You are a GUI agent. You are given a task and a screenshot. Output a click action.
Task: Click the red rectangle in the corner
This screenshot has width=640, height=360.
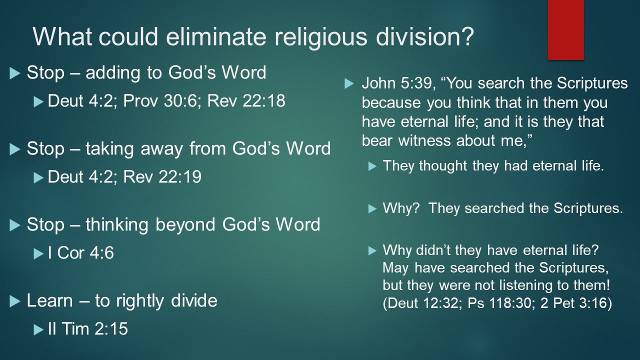point(565,29)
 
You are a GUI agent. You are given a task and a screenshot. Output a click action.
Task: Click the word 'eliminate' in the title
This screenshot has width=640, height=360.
point(216,36)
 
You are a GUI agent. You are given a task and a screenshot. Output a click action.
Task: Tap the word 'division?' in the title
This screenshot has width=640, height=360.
point(424,36)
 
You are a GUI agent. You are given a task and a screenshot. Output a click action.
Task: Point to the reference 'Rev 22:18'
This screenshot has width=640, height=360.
point(246,101)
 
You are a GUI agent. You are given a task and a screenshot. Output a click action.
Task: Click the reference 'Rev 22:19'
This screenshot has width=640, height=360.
point(162,176)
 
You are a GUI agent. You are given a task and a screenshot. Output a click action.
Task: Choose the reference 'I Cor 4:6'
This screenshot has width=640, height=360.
point(81,252)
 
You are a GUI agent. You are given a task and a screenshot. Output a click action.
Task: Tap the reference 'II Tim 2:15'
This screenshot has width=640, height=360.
point(88,328)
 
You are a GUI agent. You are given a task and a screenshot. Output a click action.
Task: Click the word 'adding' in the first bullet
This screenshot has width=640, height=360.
point(113,73)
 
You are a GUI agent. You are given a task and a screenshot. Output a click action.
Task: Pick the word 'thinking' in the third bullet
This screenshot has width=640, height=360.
point(117,225)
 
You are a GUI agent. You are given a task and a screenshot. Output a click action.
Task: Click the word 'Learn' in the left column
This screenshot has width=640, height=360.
point(50,300)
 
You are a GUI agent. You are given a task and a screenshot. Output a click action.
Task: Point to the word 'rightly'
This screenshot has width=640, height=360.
point(140,301)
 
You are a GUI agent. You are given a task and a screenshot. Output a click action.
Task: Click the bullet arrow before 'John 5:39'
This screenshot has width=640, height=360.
point(349,83)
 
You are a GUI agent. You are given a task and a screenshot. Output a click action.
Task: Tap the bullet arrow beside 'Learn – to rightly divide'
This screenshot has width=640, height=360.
point(15,301)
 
